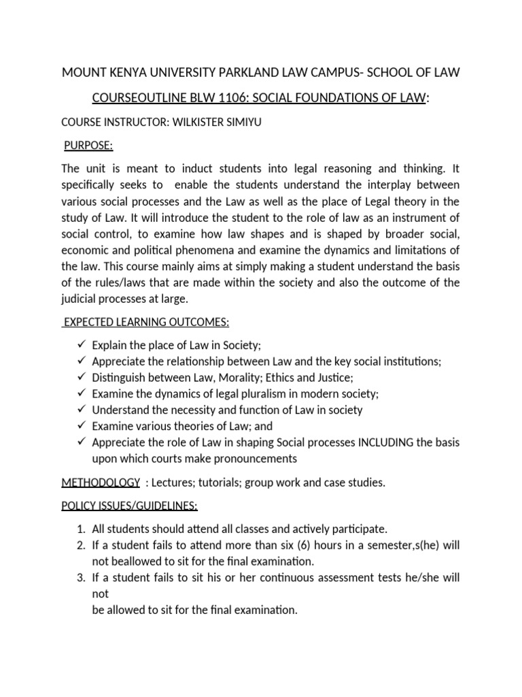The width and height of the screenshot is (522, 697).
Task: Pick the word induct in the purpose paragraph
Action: tap(205, 169)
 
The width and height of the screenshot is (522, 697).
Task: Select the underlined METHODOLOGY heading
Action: tap(100, 483)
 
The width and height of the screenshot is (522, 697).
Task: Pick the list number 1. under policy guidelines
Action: tap(81, 529)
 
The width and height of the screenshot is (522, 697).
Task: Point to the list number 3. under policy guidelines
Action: tap(81, 578)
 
